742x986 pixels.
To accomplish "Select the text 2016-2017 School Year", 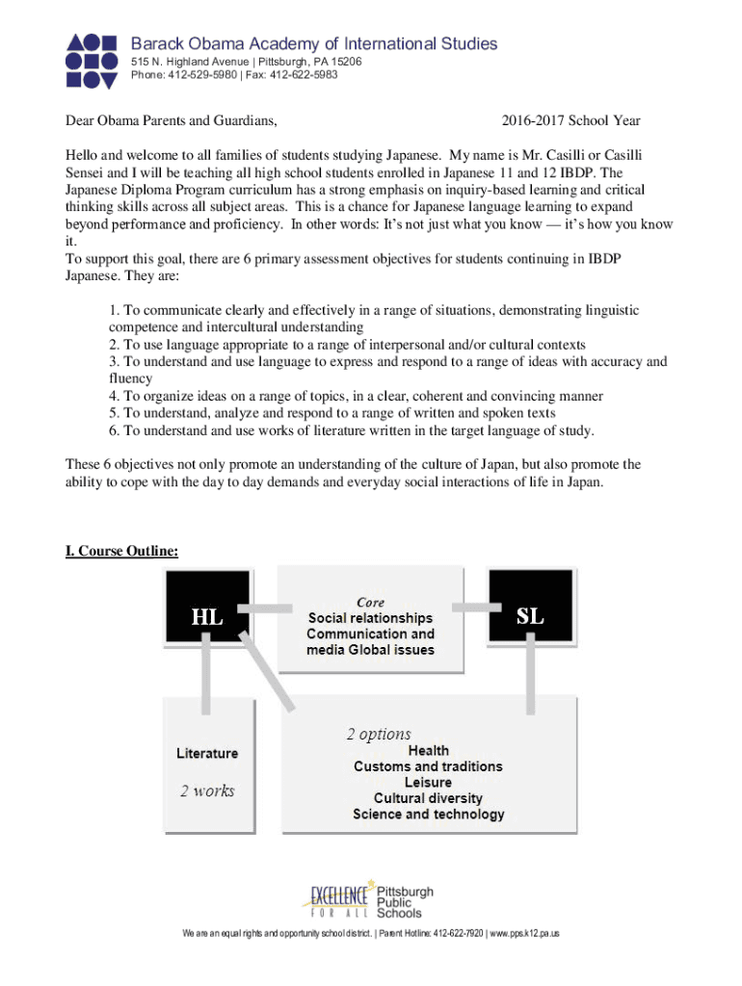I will pyautogui.click(x=570, y=121).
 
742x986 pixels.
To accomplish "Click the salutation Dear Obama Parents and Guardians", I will pyautogui.click(x=172, y=121).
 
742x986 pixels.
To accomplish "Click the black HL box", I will pyautogui.click(x=207, y=609).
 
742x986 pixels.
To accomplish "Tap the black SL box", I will pyautogui.click(x=530, y=609).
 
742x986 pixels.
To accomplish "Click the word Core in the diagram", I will pyautogui.click(x=370, y=602).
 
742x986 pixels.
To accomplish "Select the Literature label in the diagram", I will pyautogui.click(x=207, y=753).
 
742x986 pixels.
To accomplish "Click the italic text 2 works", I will pyautogui.click(x=207, y=791).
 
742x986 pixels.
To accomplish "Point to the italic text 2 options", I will pyautogui.click(x=379, y=734).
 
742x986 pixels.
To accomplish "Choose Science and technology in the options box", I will pyautogui.click(x=428, y=815).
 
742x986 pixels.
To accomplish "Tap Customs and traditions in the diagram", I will pyautogui.click(x=428, y=766).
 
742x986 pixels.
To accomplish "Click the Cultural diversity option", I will pyautogui.click(x=428, y=798).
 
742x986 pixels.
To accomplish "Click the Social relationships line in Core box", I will pyautogui.click(x=370, y=618).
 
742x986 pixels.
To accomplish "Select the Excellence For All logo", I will pyautogui.click(x=338, y=898).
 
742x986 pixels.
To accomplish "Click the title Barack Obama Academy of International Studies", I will pyautogui.click(x=314, y=43).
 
